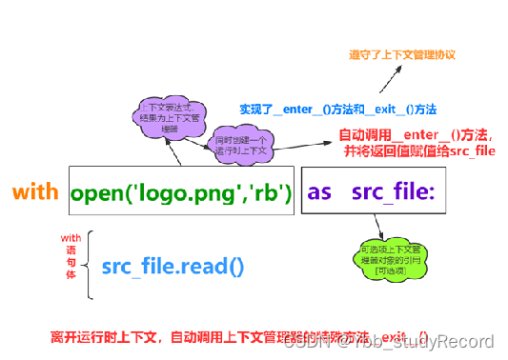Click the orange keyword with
(x=35, y=192)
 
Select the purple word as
(x=319, y=192)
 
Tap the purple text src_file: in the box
(x=393, y=192)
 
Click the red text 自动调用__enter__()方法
(x=415, y=135)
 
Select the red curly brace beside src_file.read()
(x=89, y=263)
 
